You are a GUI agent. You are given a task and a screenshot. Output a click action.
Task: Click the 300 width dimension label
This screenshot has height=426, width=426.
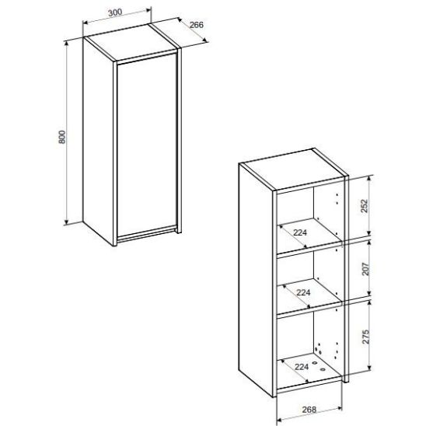pos(115,12)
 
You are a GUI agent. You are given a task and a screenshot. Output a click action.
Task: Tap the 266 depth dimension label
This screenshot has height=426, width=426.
pos(197,25)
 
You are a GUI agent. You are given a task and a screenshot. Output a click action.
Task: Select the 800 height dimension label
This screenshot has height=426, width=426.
pos(62,137)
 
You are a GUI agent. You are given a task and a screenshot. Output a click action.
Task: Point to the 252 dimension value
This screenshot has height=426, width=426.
pos(365,206)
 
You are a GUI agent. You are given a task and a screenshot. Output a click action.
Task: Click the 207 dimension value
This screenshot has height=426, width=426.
pos(365,269)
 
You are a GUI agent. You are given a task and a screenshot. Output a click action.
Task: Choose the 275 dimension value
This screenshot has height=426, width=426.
pos(365,337)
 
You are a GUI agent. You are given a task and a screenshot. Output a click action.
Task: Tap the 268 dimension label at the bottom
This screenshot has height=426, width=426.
pos(309,409)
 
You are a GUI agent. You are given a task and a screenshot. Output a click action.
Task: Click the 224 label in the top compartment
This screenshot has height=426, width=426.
pos(300,232)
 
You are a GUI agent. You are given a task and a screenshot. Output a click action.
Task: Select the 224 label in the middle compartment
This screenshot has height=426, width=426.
pos(303,292)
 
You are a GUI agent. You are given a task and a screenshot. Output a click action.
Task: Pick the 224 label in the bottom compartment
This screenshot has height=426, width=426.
pos(302,367)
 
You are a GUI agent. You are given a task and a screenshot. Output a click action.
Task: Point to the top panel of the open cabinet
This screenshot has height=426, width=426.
pos(293,169)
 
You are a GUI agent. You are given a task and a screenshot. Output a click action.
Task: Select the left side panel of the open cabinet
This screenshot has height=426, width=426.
pos(256,279)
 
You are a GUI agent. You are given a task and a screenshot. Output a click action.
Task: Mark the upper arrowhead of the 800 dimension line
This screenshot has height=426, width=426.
pos(67,44)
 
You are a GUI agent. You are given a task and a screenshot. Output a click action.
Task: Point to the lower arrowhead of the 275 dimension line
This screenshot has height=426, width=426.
pos(369,368)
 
